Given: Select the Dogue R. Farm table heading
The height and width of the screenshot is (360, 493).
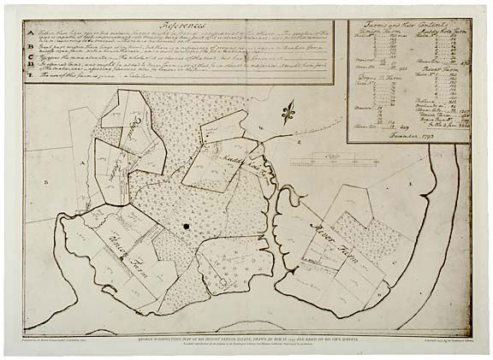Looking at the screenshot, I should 374,78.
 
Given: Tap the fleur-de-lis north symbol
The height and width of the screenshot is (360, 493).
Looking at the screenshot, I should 288,109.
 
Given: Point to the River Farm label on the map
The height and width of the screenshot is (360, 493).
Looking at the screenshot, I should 330,231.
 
